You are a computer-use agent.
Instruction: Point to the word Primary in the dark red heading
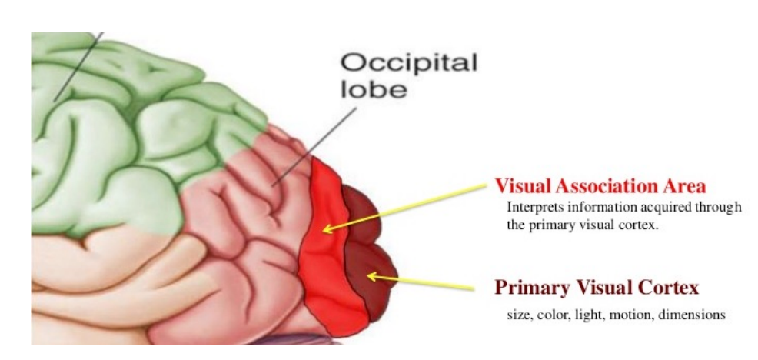[530, 288]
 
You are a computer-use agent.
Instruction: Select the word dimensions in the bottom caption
[688, 315]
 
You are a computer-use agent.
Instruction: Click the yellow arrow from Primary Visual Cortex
[423, 282]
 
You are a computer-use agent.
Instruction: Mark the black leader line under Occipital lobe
[315, 146]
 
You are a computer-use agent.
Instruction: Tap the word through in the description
[719, 208]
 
